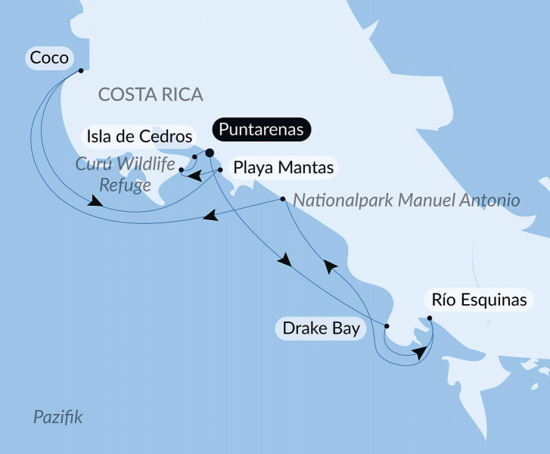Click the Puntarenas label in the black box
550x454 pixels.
coord(262,129)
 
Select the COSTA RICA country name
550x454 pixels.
coord(151,95)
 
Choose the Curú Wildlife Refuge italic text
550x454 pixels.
coord(124,175)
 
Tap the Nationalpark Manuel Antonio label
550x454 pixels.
coord(406,201)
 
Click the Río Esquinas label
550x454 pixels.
coord(478,300)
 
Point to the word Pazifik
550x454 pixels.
coord(58,417)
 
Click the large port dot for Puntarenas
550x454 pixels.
coord(210,153)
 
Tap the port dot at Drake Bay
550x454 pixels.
coord(387,326)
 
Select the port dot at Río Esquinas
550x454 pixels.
coord(429,319)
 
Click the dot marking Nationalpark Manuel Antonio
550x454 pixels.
coord(282,200)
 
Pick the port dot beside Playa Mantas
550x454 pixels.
coord(220,170)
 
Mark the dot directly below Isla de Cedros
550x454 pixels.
coord(194,157)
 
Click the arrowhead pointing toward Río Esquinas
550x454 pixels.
coord(420,353)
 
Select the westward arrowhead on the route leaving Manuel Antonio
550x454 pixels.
coord(211,217)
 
